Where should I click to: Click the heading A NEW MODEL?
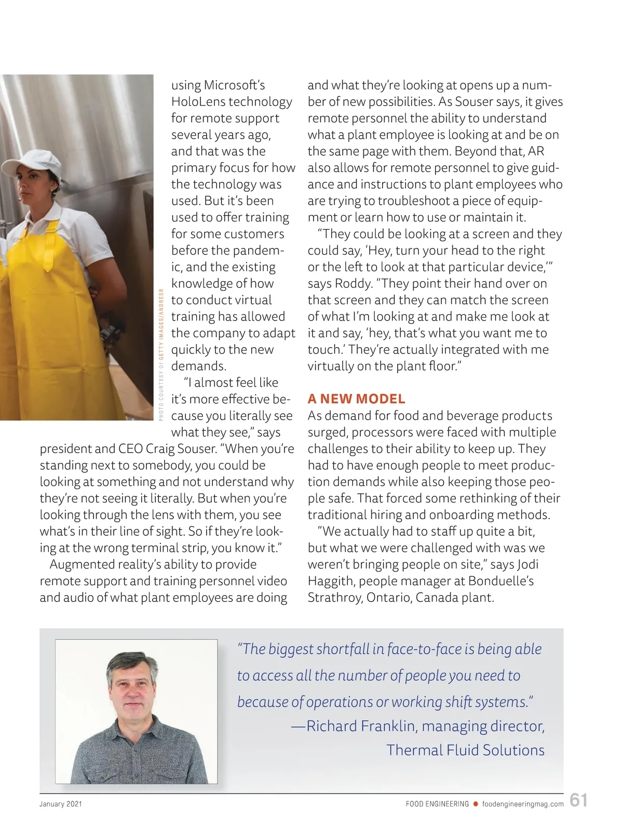(x=356, y=399)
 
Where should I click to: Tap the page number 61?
(x=578, y=800)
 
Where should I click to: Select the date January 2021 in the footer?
(x=61, y=804)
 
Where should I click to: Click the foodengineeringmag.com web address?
(x=523, y=804)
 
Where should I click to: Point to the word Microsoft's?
(x=234, y=85)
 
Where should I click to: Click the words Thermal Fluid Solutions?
(x=465, y=750)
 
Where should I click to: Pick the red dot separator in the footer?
(x=475, y=804)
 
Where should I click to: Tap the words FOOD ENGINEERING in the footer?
(x=437, y=804)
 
